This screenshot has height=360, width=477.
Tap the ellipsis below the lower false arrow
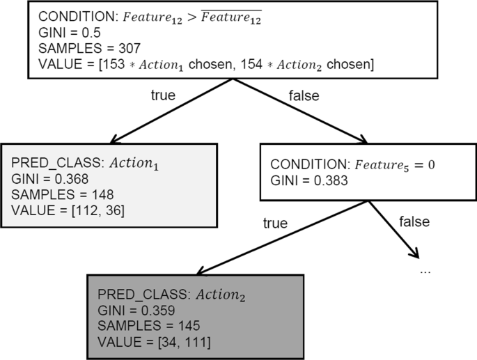425,269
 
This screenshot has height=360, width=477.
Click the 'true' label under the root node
162,95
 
